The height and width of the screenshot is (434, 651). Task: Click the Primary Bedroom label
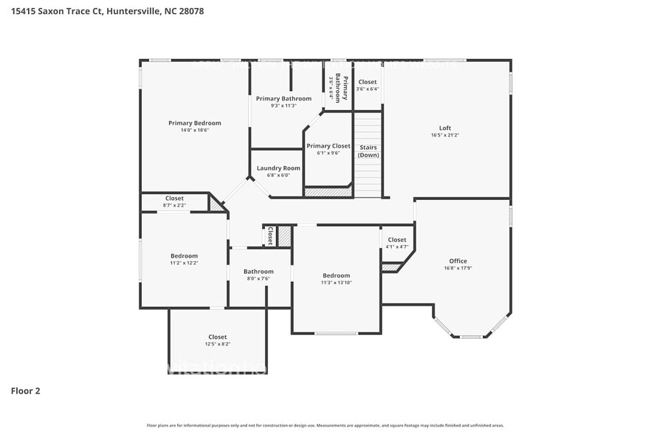pos(194,123)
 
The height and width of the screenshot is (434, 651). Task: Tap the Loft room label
pos(445,128)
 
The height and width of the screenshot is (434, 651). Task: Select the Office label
pos(458,261)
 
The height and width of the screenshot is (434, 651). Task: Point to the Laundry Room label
pos(278,168)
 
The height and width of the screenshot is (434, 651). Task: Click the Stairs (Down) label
pos(368,151)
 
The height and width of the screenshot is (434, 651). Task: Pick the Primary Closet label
pos(328,146)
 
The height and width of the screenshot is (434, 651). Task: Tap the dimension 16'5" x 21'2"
pos(445,135)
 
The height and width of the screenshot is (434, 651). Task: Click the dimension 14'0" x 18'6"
pos(195,131)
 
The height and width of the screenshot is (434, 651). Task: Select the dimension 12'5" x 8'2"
pos(217,344)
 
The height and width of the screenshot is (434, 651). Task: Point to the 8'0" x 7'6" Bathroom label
pos(258,272)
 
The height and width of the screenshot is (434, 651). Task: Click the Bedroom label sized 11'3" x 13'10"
pos(336,275)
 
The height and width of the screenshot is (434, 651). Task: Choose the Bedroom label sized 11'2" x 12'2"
pos(184,256)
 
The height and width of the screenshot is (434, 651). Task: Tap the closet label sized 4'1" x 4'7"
pos(396,240)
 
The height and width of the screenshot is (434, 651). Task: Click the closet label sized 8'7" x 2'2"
pos(174,199)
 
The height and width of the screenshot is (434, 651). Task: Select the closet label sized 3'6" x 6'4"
pos(367,82)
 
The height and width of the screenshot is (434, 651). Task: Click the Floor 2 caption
pos(25,390)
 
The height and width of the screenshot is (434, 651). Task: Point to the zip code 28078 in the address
pos(190,11)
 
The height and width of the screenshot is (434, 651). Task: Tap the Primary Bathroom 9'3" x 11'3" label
pos(283,98)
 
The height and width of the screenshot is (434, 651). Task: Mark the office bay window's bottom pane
pos(471,337)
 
